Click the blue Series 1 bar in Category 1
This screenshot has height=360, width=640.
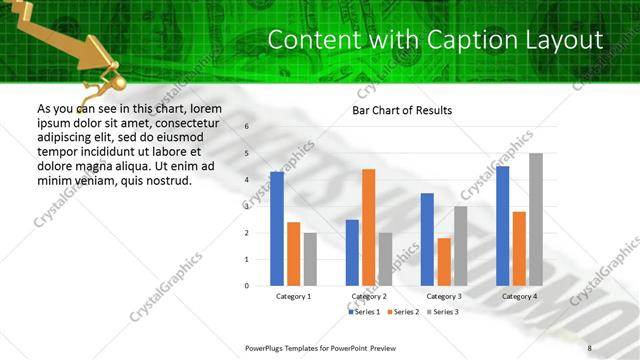(x=277, y=229)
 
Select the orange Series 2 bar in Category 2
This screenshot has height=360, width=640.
(x=368, y=228)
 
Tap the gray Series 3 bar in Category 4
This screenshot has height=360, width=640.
(x=536, y=220)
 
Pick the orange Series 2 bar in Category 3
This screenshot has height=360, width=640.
(x=444, y=262)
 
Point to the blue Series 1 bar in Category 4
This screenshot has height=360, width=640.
(x=502, y=226)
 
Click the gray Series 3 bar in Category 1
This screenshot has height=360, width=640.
(x=310, y=259)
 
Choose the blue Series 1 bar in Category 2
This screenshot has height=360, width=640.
(x=352, y=253)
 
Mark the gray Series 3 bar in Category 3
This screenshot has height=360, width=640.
(x=460, y=246)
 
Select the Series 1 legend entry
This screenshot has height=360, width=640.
(x=364, y=312)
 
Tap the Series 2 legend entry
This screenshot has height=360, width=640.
(x=404, y=312)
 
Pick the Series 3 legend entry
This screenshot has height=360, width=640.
(x=444, y=312)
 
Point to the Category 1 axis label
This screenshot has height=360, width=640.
(x=293, y=297)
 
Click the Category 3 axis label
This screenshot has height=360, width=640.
(x=444, y=297)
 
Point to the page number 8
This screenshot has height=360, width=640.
(x=589, y=347)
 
